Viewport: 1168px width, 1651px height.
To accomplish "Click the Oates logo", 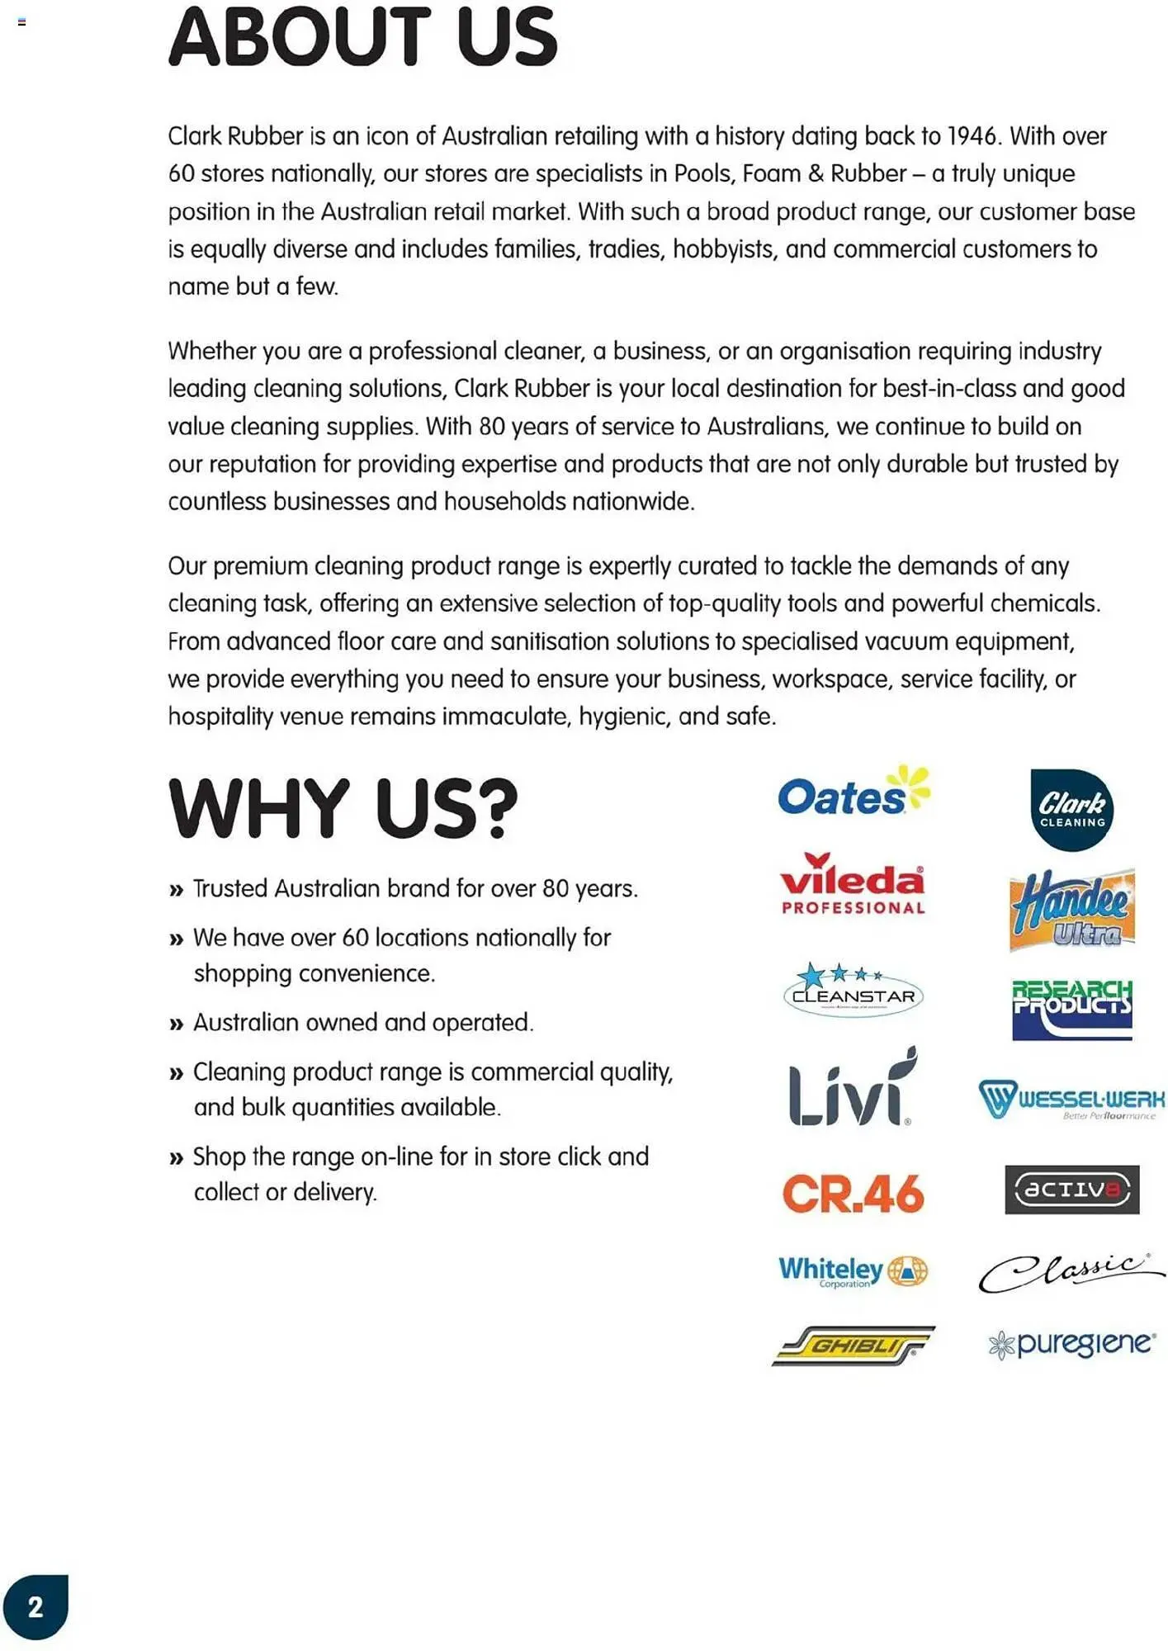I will [853, 793].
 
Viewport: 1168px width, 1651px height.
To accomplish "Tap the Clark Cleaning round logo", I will [1071, 810].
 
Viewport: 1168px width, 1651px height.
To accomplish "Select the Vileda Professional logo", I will [853, 885].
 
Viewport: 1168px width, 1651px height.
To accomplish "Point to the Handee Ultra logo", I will [1071, 910].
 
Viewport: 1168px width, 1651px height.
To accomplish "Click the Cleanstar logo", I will [853, 991].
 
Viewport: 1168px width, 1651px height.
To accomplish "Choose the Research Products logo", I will [1071, 1008].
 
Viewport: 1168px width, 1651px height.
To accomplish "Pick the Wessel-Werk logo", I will [1071, 1100].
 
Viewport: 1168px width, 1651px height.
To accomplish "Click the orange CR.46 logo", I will [853, 1194].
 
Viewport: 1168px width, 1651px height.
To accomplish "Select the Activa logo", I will [1071, 1190].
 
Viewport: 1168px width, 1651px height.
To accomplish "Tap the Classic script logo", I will [1071, 1272].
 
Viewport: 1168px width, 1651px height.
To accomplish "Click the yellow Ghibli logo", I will [853, 1346].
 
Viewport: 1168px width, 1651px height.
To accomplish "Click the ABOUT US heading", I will [363, 38].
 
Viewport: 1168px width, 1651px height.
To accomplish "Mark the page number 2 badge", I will [35, 1606].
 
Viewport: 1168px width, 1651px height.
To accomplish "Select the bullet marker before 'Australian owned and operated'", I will [176, 1024].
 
